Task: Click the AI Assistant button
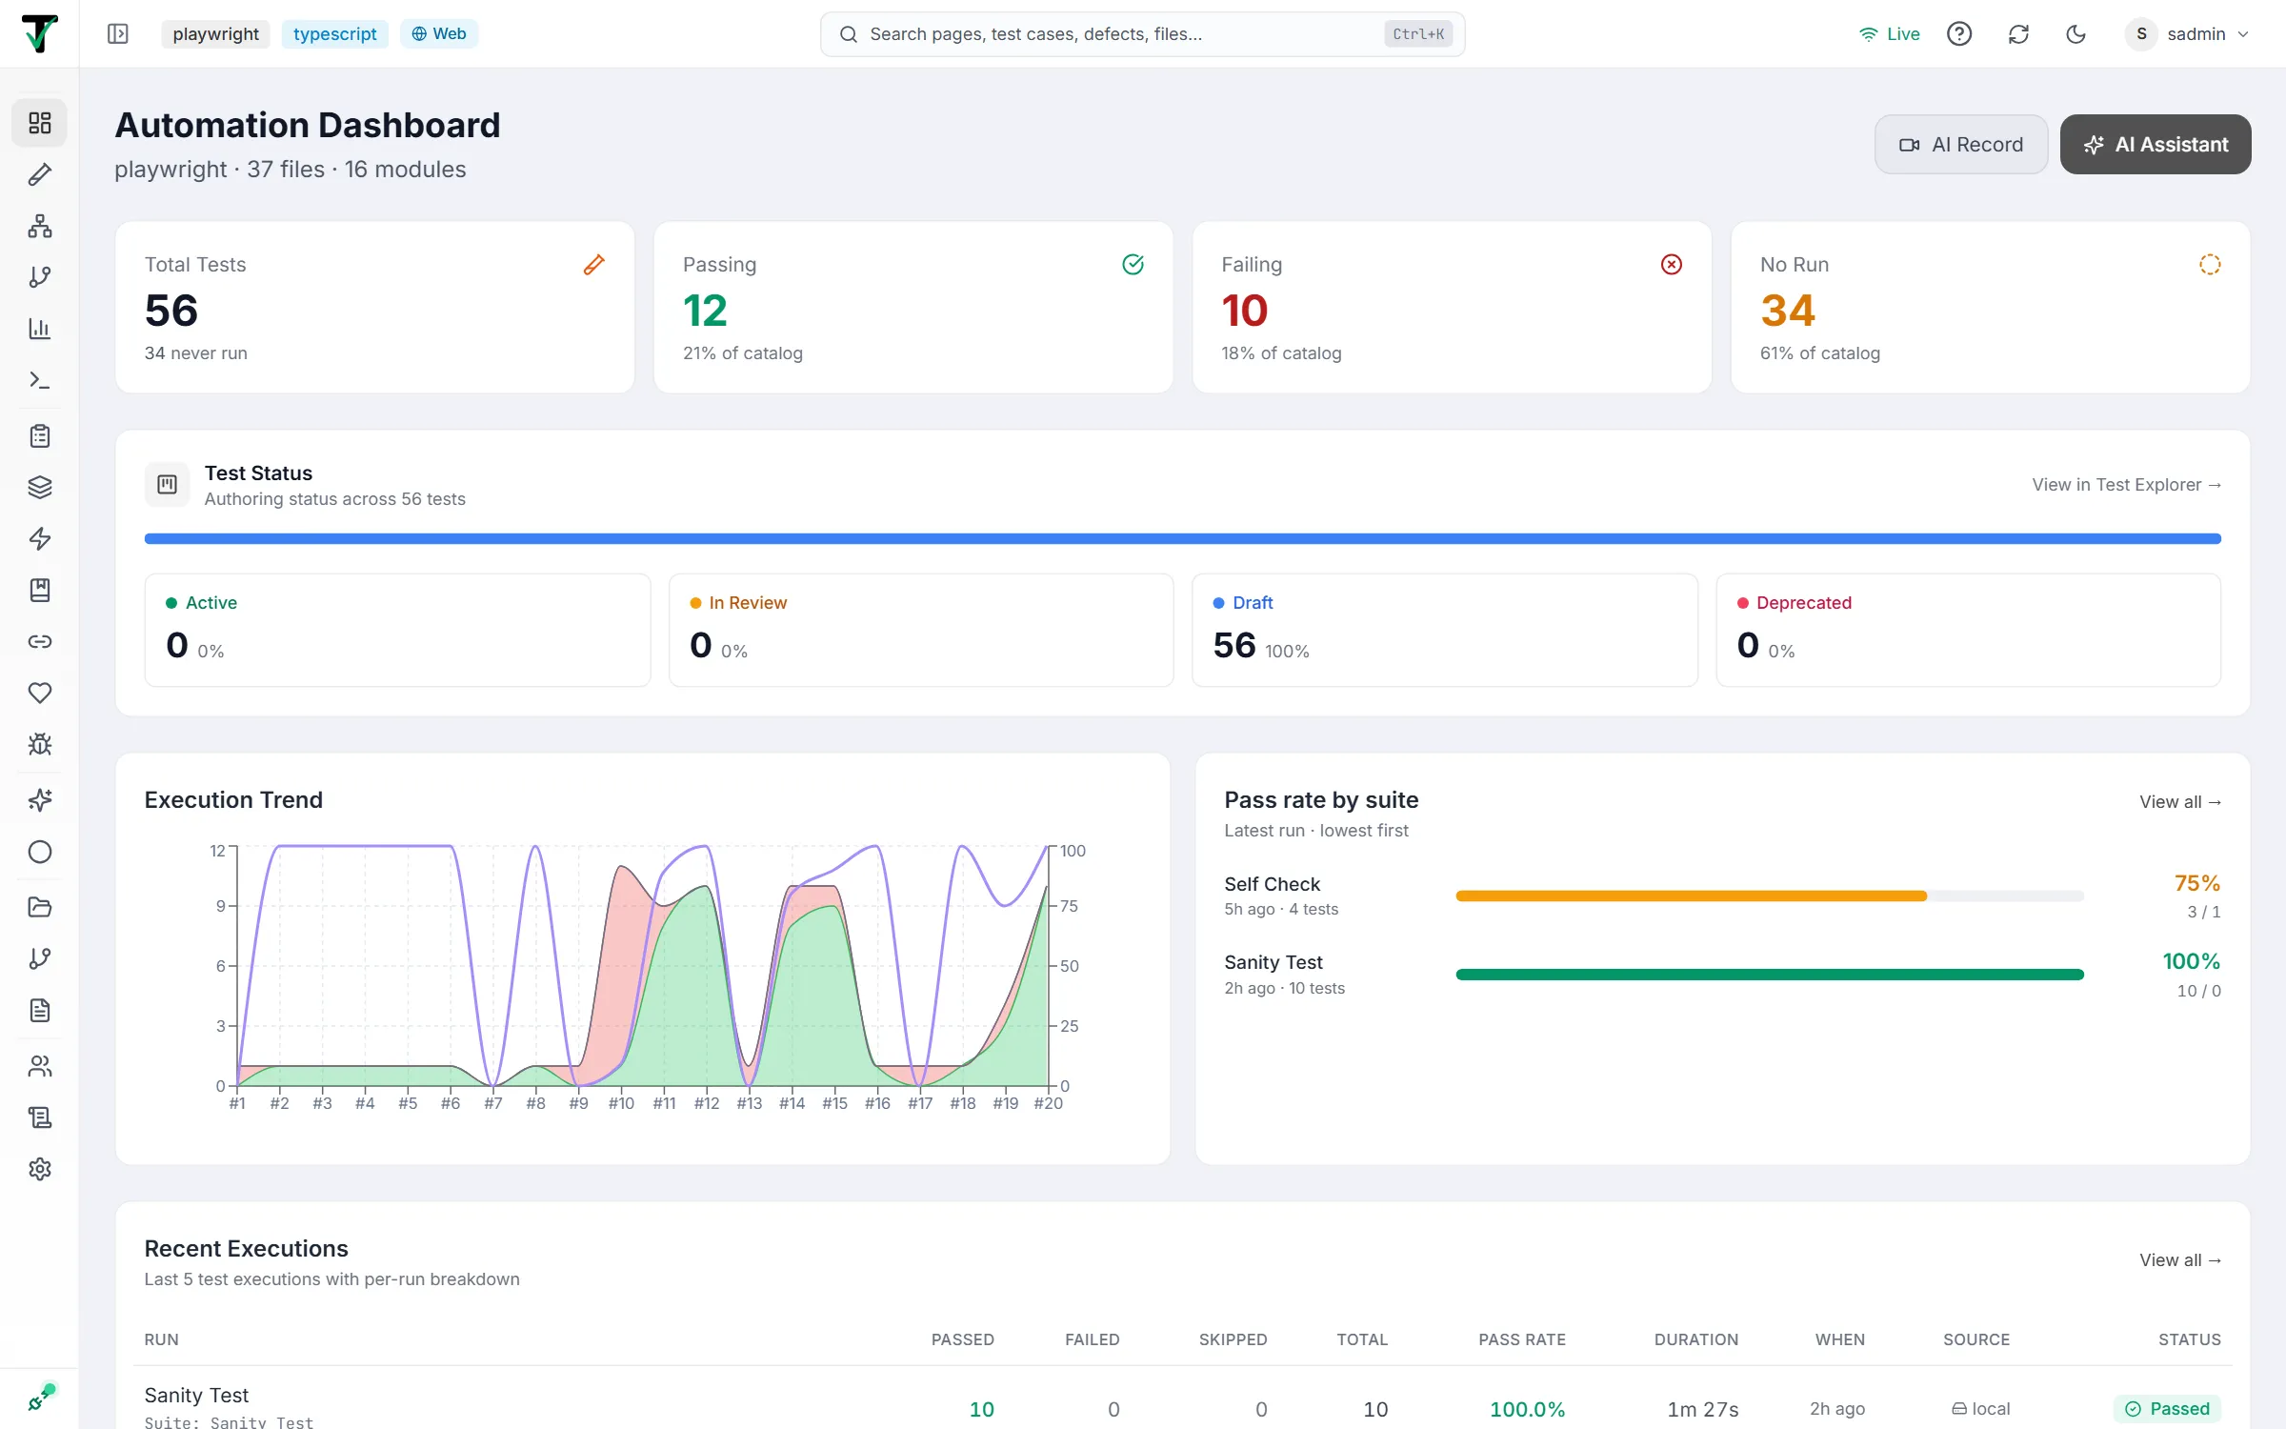(2156, 145)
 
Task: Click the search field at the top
(1142, 34)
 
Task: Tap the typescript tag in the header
(334, 34)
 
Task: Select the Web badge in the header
(439, 34)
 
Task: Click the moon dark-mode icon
(2075, 34)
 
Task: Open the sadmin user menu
(2188, 34)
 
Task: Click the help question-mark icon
(1959, 34)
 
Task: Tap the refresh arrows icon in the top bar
(2018, 34)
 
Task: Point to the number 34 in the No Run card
(1788, 311)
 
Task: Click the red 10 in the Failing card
(1244, 311)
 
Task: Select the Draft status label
(1253, 603)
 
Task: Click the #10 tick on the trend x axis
(621, 1103)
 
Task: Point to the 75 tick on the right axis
(1069, 906)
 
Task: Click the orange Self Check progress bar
(1691, 896)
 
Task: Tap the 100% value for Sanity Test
(2191, 961)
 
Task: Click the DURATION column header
(1695, 1339)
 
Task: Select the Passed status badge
(2167, 1409)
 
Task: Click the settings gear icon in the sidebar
(40, 1169)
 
